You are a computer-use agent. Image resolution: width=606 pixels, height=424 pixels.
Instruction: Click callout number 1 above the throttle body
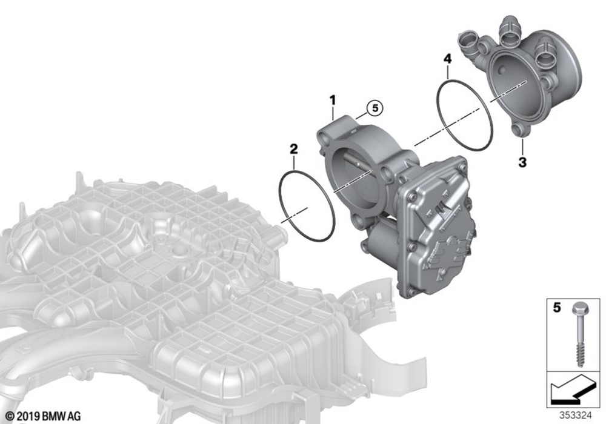(332, 101)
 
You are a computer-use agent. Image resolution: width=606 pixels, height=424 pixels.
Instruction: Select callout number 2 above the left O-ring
(294, 148)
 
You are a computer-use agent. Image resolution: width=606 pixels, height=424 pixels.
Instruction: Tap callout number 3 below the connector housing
(522, 162)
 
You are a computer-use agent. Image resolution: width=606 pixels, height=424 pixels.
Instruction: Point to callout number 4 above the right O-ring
(447, 59)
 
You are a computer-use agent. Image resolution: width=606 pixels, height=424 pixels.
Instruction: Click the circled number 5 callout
(375, 108)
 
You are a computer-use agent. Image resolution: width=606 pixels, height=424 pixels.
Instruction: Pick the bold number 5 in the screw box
(556, 308)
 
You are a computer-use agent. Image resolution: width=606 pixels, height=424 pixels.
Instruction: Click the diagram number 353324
(576, 416)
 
